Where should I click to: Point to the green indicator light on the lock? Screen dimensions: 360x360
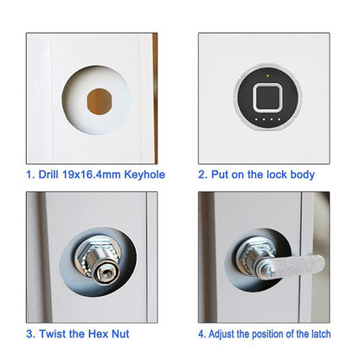tap(267, 76)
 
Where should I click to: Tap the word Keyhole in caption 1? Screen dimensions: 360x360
tap(144, 175)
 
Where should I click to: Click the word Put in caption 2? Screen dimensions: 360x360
tap(222, 175)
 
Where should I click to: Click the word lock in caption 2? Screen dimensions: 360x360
tap(275, 175)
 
